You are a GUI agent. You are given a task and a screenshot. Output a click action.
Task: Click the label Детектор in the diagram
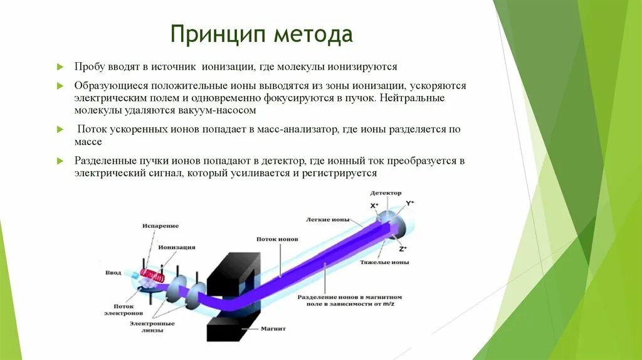(386, 193)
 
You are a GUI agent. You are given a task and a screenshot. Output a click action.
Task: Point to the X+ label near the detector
(374, 205)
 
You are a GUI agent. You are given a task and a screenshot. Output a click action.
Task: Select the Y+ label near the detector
(411, 203)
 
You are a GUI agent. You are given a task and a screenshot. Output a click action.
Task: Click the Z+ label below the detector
(403, 249)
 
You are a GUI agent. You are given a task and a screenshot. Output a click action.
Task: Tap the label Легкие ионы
(325, 220)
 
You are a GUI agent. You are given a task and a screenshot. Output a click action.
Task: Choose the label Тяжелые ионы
(385, 262)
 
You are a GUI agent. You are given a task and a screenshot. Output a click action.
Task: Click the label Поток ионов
(277, 240)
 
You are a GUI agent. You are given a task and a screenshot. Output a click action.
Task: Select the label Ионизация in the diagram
(177, 247)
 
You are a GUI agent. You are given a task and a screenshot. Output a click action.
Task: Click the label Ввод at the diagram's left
(113, 273)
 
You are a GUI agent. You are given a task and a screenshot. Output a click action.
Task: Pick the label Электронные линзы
(152, 326)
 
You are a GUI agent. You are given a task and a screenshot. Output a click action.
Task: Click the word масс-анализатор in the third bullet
(298, 129)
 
